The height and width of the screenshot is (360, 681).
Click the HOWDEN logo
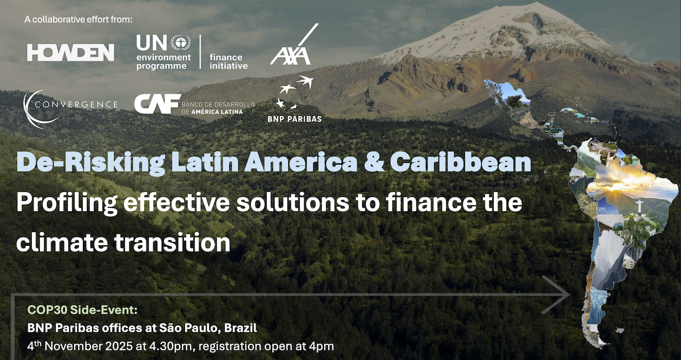click(x=70, y=53)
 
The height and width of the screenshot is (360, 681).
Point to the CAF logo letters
click(x=157, y=104)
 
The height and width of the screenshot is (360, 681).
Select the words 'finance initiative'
click(x=229, y=61)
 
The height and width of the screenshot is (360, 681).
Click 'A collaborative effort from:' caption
click(x=78, y=20)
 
